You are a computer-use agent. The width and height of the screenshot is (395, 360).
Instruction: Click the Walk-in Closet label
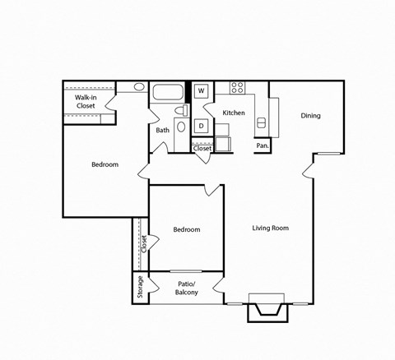point(86,102)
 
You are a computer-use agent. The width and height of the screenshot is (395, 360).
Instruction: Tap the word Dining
point(310,116)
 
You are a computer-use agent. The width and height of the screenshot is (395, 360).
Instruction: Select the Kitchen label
point(234,113)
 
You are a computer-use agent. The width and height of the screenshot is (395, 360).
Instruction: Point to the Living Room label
point(270,228)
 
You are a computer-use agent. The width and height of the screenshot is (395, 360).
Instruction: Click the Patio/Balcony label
point(187,288)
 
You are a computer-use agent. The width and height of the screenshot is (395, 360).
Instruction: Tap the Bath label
point(163,130)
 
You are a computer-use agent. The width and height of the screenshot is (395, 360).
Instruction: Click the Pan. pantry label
point(263,145)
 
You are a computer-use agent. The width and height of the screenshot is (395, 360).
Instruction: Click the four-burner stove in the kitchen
point(237,88)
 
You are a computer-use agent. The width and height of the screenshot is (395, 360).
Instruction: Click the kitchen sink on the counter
point(263,123)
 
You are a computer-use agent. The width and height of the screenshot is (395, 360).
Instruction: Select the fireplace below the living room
point(268,309)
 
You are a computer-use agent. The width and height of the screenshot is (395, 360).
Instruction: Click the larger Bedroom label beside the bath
point(105,164)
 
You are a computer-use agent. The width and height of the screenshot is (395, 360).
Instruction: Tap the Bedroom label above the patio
point(187,229)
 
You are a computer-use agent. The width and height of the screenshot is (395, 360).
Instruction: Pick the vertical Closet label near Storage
point(143,244)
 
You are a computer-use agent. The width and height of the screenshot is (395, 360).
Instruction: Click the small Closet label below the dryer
point(202,148)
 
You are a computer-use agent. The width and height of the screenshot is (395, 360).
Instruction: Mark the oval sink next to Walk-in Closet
point(139,86)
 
